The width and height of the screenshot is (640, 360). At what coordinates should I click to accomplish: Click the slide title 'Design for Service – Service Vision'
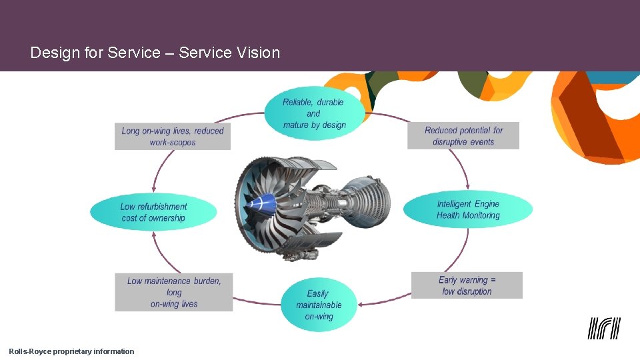[155, 53]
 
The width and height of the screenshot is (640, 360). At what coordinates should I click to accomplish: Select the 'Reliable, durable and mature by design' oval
[314, 113]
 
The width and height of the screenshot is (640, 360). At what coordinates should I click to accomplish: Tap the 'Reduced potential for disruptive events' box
[463, 136]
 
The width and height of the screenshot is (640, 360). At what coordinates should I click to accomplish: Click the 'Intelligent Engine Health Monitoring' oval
[467, 209]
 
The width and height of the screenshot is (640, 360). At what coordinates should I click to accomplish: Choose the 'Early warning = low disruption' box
[467, 285]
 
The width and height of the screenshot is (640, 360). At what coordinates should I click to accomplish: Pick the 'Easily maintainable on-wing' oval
[319, 305]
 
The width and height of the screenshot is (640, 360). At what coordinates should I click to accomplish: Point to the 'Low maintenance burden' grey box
[174, 292]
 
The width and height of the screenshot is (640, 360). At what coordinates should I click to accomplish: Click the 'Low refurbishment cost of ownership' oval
[153, 212]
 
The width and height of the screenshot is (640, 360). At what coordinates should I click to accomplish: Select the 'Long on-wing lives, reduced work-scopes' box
[172, 136]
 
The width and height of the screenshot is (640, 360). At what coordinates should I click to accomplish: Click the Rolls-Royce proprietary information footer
[71, 351]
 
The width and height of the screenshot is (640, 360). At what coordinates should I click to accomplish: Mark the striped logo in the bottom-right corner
[604, 328]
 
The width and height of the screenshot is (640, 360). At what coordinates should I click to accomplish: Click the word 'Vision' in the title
[258, 53]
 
